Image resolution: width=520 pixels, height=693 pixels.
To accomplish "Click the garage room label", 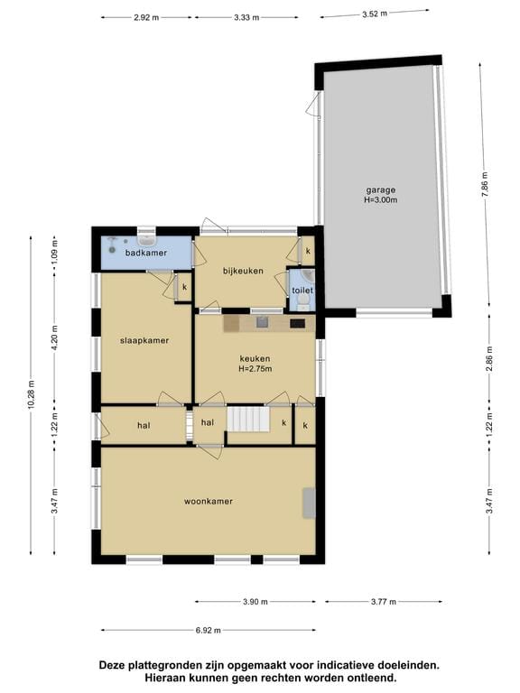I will [380, 189].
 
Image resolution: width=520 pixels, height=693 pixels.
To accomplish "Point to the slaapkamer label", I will [145, 340].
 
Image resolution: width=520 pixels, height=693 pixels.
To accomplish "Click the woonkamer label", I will [209, 501].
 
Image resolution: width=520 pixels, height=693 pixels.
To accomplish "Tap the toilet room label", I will [302, 291].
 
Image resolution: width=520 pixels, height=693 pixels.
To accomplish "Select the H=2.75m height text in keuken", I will [255, 368].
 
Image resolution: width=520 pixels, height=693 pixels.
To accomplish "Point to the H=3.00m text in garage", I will [380, 201].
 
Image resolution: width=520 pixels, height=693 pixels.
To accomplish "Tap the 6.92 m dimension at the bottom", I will [209, 631].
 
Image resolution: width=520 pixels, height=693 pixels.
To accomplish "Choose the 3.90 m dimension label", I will [255, 602].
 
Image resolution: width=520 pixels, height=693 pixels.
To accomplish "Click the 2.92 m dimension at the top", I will [145, 17].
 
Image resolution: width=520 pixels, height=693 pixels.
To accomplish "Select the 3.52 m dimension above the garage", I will [374, 14].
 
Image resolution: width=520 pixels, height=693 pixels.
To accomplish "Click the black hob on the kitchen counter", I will [297, 322].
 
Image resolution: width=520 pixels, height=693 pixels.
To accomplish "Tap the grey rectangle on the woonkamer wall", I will [309, 503].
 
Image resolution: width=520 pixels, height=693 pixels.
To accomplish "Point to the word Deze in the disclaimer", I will [116, 665].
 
